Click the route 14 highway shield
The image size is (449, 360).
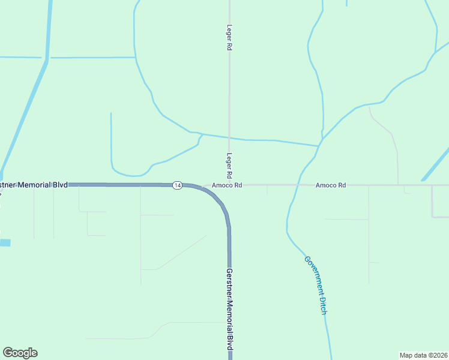pyautogui.click(x=177, y=185)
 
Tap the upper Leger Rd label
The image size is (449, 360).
pyautogui.click(x=229, y=37)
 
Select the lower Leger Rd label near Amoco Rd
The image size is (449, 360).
pyautogui.click(x=229, y=166)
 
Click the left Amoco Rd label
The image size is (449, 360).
pyautogui.click(x=226, y=185)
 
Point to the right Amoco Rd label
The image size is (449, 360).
pyautogui.click(x=331, y=185)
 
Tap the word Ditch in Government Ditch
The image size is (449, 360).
pyautogui.click(x=322, y=304)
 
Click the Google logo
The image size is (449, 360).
pyautogui.click(x=20, y=353)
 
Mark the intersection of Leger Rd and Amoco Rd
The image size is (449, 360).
pyautogui.click(x=229, y=185)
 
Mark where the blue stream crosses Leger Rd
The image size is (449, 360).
pyautogui.click(x=229, y=137)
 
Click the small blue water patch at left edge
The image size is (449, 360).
pyautogui.click(x=5, y=243)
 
